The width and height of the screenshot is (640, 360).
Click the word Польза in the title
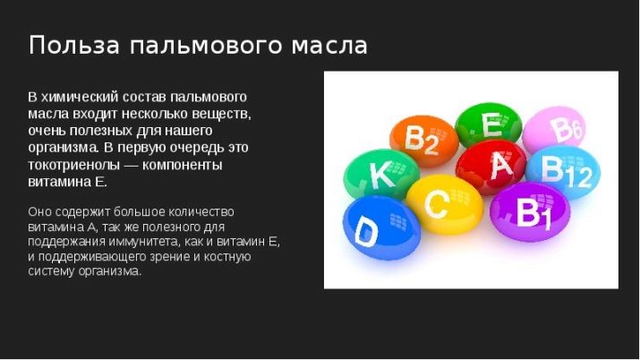74,45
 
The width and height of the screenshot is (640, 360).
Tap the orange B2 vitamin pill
424,141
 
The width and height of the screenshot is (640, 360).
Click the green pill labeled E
489,124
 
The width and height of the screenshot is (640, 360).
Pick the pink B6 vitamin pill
554,130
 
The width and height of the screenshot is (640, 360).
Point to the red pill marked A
491,167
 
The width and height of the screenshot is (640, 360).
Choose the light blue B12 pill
563,172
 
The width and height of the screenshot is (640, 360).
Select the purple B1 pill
530,211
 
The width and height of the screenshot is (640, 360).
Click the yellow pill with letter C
445,204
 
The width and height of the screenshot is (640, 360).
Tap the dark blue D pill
381,227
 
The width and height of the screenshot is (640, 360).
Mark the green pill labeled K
381,175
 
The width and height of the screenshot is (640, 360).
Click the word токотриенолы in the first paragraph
74,165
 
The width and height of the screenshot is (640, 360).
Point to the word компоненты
183,165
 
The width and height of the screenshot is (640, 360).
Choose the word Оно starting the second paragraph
39,212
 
